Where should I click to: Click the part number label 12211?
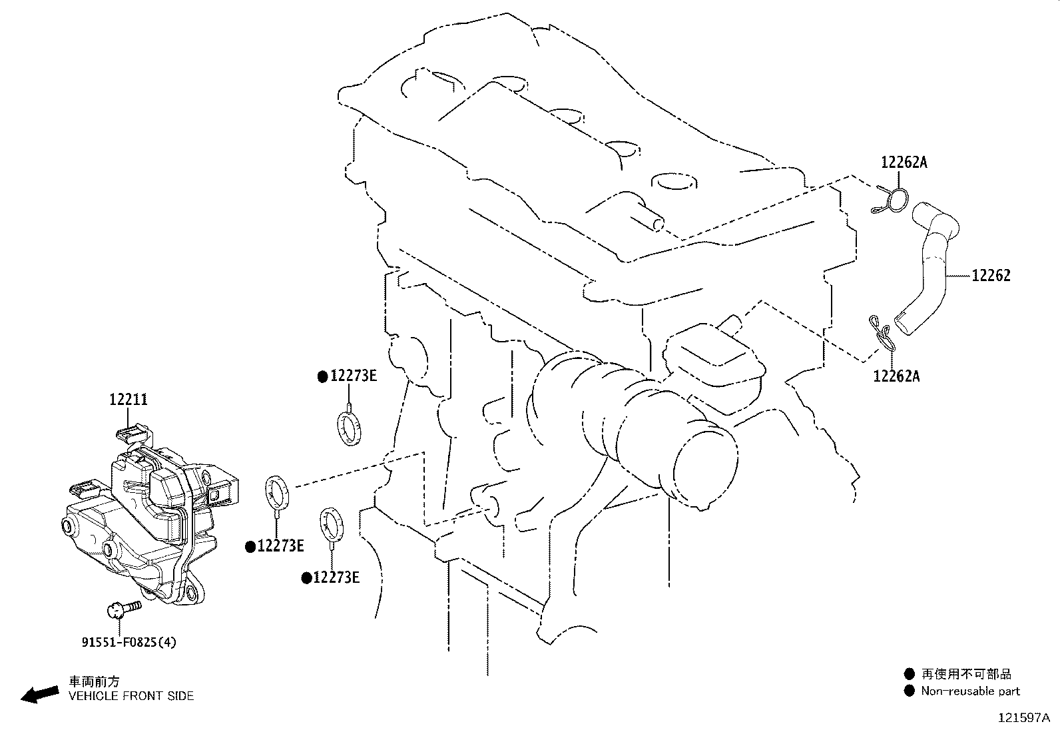129,400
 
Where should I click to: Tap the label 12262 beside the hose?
991,276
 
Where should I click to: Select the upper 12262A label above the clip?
904,163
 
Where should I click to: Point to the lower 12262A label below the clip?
896,376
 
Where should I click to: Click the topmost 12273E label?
354,376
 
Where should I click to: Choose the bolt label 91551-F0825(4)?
129,643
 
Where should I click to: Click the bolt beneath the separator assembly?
123,609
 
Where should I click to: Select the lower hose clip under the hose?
882,334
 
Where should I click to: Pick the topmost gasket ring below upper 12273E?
350,428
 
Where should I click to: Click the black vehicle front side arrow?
40,694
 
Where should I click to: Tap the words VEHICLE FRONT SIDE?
131,696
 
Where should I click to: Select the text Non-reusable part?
970,691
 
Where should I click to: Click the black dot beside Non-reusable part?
909,691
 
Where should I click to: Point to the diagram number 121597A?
1024,718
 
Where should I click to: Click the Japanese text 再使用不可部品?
966,674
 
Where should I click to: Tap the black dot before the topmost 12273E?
323,377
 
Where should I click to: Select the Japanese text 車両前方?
94,681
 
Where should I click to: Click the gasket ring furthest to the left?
277,492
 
